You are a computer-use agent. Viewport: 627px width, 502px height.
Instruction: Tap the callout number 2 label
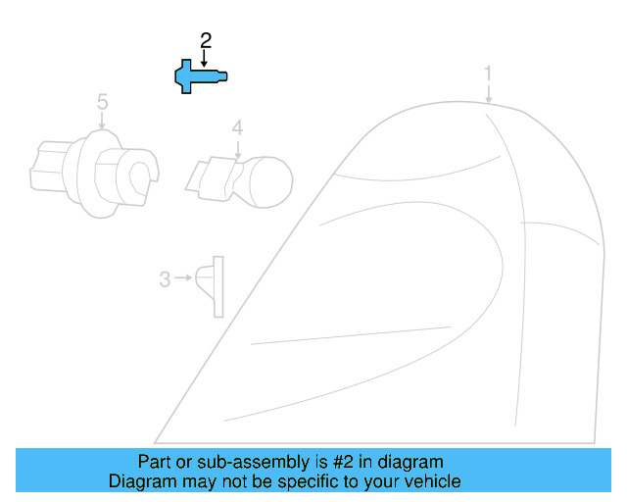pos(206,41)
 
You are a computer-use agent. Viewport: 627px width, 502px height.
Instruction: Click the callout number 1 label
pos(488,74)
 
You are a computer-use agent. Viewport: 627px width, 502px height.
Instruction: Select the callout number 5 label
pos(102,101)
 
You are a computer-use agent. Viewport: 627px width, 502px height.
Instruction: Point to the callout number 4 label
pos(236,127)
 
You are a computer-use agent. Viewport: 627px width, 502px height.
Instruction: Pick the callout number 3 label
pos(165,279)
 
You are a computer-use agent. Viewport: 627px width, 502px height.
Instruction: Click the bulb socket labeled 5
pos(94,171)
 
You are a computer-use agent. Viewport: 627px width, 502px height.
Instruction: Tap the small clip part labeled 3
pos(211,285)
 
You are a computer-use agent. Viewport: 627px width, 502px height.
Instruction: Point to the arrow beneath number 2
pos(205,58)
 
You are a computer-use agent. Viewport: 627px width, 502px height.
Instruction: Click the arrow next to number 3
pos(183,279)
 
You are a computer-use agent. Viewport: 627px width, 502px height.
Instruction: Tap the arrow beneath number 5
pos(102,121)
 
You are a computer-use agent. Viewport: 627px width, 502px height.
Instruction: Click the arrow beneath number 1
pos(488,93)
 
